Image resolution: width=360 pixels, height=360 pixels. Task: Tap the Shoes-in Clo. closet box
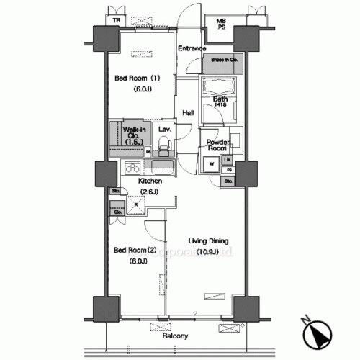click(x=222, y=63)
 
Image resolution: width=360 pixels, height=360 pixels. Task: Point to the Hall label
click(x=187, y=113)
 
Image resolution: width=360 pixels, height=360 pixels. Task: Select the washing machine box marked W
click(x=212, y=163)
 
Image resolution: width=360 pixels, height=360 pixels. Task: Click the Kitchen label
click(x=150, y=181)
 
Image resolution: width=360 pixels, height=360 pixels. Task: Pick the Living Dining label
click(x=208, y=240)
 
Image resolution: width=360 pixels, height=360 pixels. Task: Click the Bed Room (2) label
click(x=135, y=250)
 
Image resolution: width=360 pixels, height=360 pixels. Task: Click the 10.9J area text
click(x=208, y=252)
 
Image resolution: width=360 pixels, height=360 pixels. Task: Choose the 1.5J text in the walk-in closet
click(x=133, y=143)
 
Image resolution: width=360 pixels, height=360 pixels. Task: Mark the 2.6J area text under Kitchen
click(x=150, y=192)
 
